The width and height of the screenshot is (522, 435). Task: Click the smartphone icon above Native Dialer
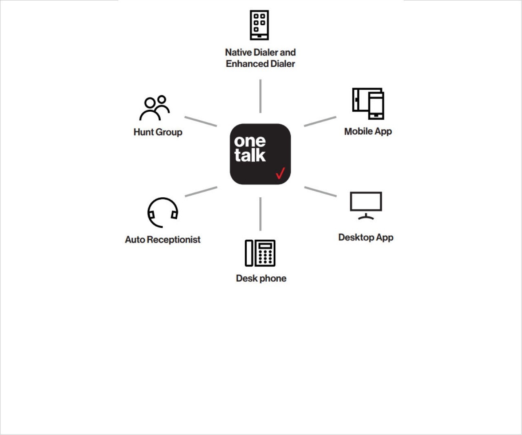pyautogui.click(x=259, y=25)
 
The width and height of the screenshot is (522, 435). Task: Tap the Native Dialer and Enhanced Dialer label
pyautogui.click(x=260, y=58)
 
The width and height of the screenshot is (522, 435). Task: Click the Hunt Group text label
pyautogui.click(x=158, y=132)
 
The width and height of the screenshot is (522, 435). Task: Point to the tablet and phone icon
pyautogui.click(x=368, y=104)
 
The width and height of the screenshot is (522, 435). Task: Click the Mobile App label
pyautogui.click(x=368, y=131)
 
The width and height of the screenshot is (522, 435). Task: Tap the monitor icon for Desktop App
pyautogui.click(x=366, y=205)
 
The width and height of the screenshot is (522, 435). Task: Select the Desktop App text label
pyautogui.click(x=366, y=237)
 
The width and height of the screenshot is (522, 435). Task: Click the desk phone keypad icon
pyautogui.click(x=260, y=253)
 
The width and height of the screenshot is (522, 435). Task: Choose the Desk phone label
pyautogui.click(x=261, y=278)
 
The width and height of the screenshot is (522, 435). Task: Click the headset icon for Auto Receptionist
pyautogui.click(x=163, y=212)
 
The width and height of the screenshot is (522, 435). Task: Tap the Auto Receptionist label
pyautogui.click(x=163, y=240)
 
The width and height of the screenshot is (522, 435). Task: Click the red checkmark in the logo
pyautogui.click(x=280, y=173)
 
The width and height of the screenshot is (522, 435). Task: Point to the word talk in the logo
pyautogui.click(x=250, y=155)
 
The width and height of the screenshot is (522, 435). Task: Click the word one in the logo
pyautogui.click(x=250, y=141)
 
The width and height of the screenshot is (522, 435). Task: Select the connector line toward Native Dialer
pyautogui.click(x=260, y=96)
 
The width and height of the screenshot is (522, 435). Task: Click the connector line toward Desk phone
pyautogui.click(x=260, y=214)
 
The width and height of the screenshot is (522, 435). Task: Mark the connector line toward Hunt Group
pyautogui.click(x=201, y=121)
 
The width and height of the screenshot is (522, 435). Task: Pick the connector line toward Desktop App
pyautogui.click(x=321, y=192)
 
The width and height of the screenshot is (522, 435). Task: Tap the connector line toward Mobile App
pyautogui.click(x=320, y=121)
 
